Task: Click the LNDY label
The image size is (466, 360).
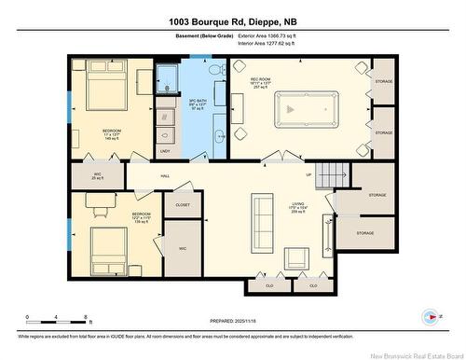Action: pyautogui.click(x=165, y=151)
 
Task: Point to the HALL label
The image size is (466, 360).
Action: pyautogui.click(x=164, y=175)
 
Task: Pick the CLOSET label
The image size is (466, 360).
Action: pyautogui.click(x=182, y=203)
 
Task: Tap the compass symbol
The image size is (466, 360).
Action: pyautogui.click(x=430, y=315)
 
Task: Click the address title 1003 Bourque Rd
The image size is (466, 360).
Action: pyautogui.click(x=232, y=21)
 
